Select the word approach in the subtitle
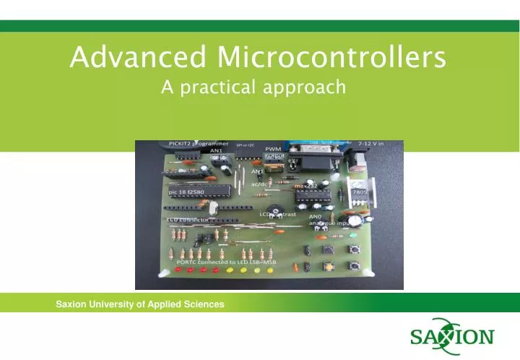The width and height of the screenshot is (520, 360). coord(311,88)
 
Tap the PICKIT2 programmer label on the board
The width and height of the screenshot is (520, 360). coord(199,143)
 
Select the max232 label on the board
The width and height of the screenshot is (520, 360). coord(306,186)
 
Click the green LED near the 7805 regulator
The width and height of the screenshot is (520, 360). coord(354,235)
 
